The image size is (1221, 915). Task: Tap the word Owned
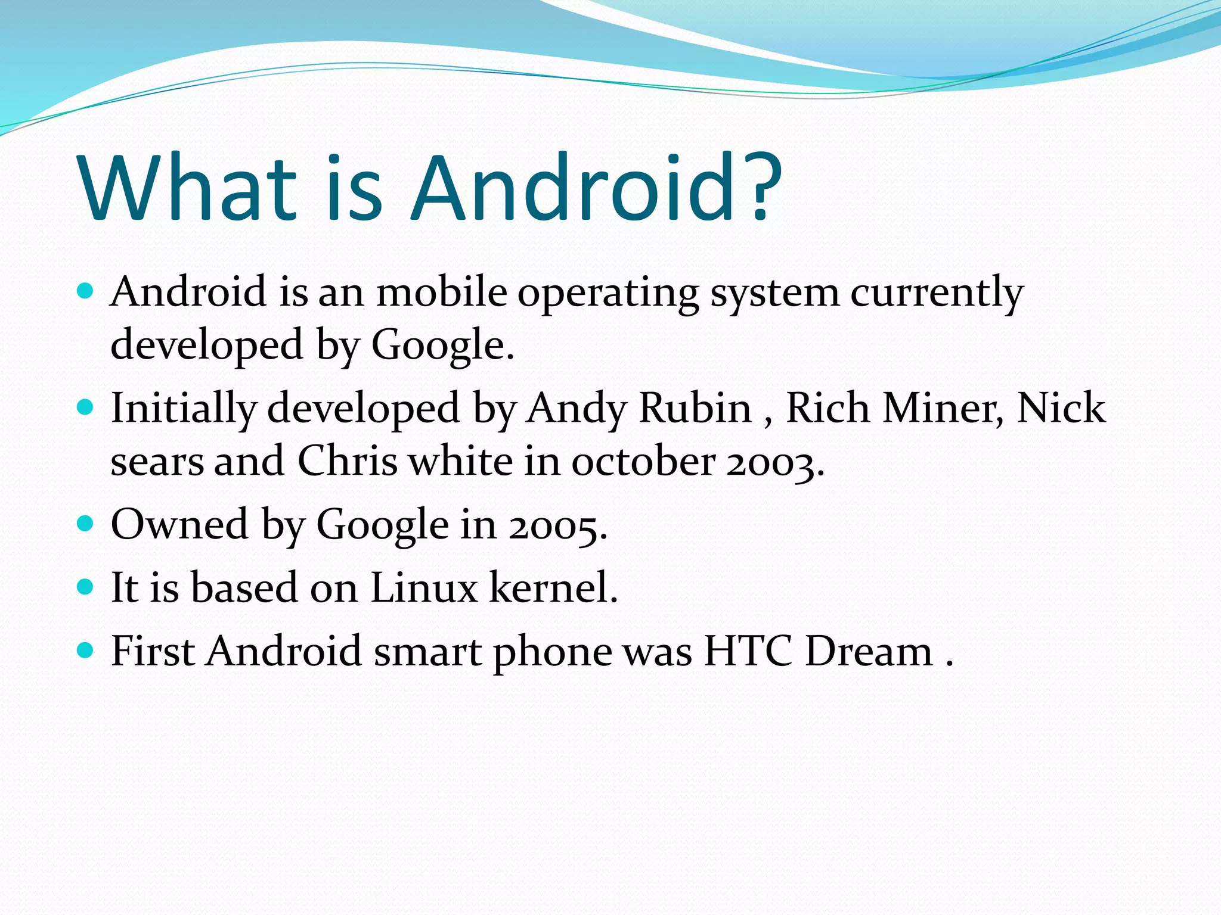[179, 524]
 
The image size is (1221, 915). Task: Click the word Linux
[424, 587]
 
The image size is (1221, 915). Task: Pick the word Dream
[869, 651]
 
